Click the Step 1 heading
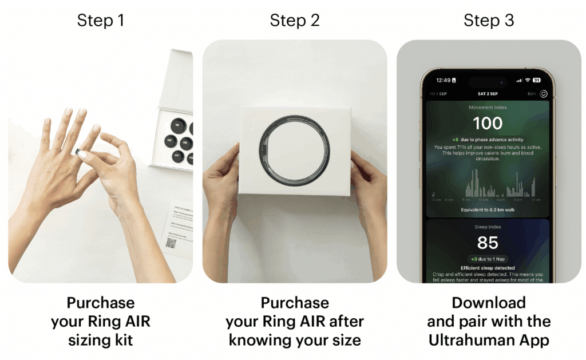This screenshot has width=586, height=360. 100,21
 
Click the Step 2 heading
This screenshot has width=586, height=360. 294,21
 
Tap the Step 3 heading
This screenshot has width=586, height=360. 488,21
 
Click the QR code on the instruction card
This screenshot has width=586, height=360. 171,243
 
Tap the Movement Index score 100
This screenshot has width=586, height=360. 488,123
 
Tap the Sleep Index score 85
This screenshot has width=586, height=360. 488,243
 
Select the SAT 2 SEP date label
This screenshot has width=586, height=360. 488,93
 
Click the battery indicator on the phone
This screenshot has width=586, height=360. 536,80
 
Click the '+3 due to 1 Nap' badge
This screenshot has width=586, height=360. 488,259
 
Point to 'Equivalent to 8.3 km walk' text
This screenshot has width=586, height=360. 488,210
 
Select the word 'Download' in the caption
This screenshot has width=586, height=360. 488,303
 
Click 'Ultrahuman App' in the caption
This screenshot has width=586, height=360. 488,340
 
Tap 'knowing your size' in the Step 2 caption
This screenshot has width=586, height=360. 294,340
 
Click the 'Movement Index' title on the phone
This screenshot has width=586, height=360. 488,107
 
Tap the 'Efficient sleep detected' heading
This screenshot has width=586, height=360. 488,268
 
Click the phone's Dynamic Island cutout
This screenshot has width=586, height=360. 488,80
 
